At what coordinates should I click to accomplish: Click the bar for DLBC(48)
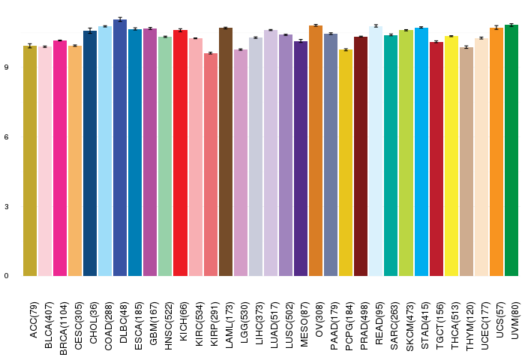coord(120,150)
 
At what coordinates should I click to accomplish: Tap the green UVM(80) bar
coord(511,150)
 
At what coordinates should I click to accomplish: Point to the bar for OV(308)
coord(316,151)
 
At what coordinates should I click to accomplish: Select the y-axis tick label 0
coord(6,276)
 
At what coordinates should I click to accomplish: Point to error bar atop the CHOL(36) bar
coord(90,31)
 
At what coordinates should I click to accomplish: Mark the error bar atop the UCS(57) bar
coord(496,28)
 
